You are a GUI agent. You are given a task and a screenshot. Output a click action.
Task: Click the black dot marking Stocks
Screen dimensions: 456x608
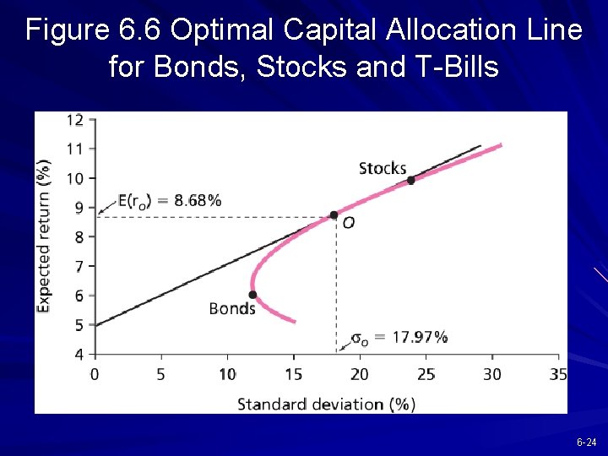(411, 180)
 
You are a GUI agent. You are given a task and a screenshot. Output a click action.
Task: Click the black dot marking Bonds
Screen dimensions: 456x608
(252, 295)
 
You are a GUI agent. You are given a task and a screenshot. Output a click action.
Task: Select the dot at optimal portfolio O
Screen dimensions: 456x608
(334, 215)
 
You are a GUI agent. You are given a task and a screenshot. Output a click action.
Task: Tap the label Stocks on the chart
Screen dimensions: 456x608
(383, 168)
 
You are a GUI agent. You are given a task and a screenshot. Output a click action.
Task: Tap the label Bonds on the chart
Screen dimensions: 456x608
(232, 309)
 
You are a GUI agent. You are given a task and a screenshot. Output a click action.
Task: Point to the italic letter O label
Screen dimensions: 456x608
(348, 223)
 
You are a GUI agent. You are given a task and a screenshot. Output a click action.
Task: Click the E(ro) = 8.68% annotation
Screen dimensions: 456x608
(170, 201)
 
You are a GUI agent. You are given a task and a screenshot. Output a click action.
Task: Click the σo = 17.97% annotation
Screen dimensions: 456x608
(399, 338)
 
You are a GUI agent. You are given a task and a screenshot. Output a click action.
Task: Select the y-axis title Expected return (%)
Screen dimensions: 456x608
(45, 236)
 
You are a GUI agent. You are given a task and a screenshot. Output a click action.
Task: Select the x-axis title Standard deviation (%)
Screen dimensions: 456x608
(326, 404)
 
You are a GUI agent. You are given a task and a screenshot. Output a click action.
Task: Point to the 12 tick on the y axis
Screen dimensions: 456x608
(75, 120)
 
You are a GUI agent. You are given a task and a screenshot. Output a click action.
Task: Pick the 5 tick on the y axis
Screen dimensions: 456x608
(79, 325)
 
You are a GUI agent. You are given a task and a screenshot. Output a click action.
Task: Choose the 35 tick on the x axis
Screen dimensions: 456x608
(557, 374)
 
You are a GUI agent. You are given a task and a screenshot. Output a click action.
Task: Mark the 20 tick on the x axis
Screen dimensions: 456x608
(359, 374)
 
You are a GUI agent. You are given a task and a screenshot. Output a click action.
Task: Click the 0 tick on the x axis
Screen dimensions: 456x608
(94, 374)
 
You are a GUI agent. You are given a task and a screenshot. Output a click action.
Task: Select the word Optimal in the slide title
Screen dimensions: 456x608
(221, 30)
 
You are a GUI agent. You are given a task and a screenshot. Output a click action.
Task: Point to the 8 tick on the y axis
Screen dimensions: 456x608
(79, 237)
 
